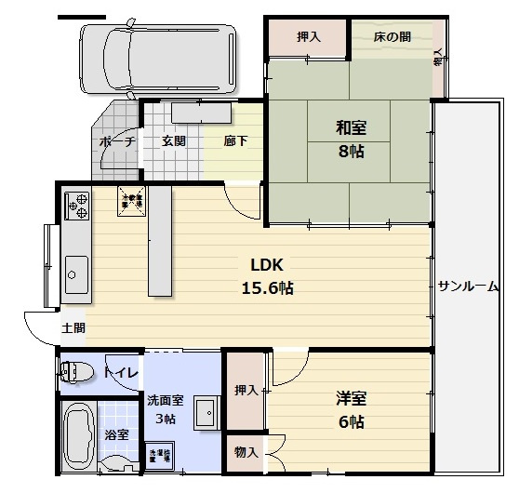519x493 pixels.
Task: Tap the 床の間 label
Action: pyautogui.click(x=392, y=37)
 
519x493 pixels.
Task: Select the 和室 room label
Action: pyautogui.click(x=351, y=128)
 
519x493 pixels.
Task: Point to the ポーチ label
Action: pyautogui.click(x=117, y=141)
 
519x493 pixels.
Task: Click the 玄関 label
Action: pyautogui.click(x=173, y=141)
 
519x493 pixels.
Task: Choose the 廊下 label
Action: pyautogui.click(x=234, y=141)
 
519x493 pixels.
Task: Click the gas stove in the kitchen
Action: pyautogui.click(x=75, y=206)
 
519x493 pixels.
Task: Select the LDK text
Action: pyautogui.click(x=265, y=264)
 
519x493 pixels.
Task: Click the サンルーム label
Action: pyautogui.click(x=468, y=286)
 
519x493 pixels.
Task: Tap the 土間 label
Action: pyautogui.click(x=74, y=328)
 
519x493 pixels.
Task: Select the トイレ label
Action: pyautogui.click(x=121, y=373)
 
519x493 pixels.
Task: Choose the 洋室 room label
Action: pyautogui.click(x=351, y=399)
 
